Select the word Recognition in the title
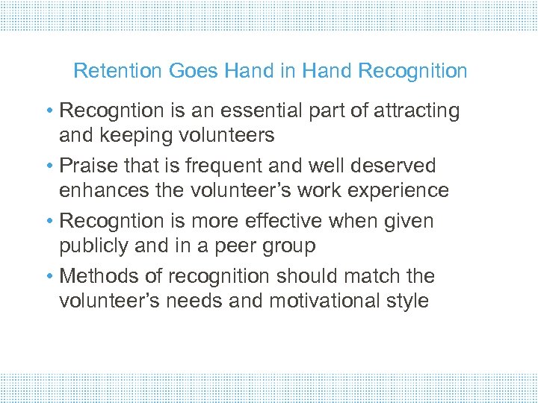click(x=412, y=72)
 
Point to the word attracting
click(x=415, y=111)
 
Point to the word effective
click(x=284, y=221)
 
